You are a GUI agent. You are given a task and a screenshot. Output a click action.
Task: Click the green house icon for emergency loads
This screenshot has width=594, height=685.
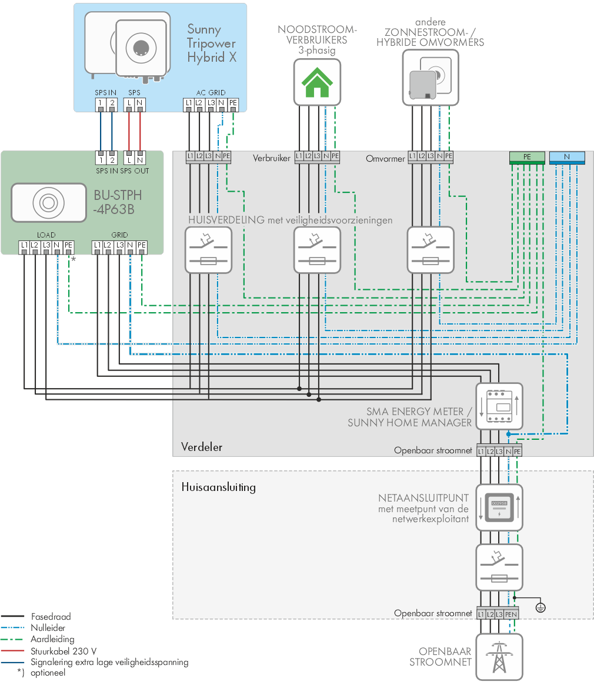pos(317,82)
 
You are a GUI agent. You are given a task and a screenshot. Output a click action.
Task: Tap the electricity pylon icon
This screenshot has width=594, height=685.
pos(499,657)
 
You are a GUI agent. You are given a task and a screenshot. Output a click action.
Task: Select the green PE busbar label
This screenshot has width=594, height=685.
pos(527,157)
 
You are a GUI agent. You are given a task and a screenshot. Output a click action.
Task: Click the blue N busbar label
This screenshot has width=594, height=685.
pos(567,157)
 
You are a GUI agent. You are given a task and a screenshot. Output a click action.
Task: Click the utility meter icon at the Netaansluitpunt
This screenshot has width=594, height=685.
pos(499,507)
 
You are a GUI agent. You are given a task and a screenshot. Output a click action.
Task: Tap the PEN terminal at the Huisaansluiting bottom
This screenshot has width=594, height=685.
pos(511,614)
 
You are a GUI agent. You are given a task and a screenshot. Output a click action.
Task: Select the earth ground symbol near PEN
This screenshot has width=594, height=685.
pos(540,607)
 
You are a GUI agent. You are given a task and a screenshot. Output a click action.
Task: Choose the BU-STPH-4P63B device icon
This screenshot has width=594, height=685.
pos(48,203)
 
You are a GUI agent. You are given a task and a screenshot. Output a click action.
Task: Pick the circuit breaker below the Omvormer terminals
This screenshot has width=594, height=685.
pos(431,250)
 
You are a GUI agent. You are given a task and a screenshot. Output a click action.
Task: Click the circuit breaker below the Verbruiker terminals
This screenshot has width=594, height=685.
pos(317,250)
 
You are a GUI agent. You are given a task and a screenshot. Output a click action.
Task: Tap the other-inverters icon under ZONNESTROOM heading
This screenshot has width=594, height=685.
pos(431,78)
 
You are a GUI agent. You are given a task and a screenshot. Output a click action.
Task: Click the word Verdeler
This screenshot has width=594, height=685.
pos(202,447)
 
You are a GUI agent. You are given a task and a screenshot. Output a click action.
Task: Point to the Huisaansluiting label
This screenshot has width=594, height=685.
pos(219,487)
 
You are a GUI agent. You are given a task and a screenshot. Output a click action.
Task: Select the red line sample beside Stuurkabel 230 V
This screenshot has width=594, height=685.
pos(12,651)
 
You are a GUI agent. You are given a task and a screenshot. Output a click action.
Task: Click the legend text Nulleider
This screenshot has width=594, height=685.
pos(48,628)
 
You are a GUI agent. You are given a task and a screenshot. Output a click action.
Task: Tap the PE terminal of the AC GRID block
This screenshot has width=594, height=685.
pos(233,103)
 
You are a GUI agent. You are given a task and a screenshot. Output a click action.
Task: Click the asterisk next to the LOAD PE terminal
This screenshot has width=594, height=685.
pos(74,259)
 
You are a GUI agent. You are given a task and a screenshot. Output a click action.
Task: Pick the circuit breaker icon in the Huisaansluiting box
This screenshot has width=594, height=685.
pos(499,567)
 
